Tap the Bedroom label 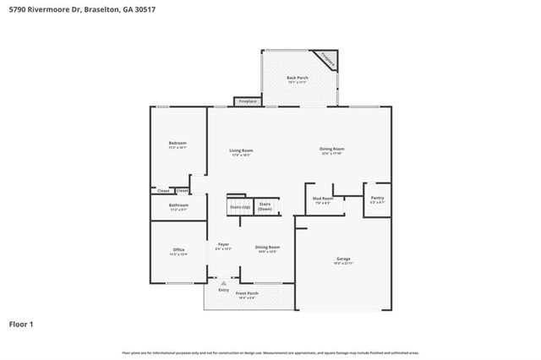tap(178, 145)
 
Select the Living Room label tap(242, 152)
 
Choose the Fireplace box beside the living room tap(248, 101)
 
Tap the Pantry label tap(377, 199)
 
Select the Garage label tap(343, 260)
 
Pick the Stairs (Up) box tap(240, 206)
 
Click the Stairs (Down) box tap(265, 206)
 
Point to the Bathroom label tap(178, 206)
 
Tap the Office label tap(178, 251)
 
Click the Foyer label tap(223, 247)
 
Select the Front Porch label tap(247, 294)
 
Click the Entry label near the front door tap(223, 290)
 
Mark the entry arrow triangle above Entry tap(223, 283)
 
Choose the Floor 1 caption tap(21, 324)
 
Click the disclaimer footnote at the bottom tap(270, 352)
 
